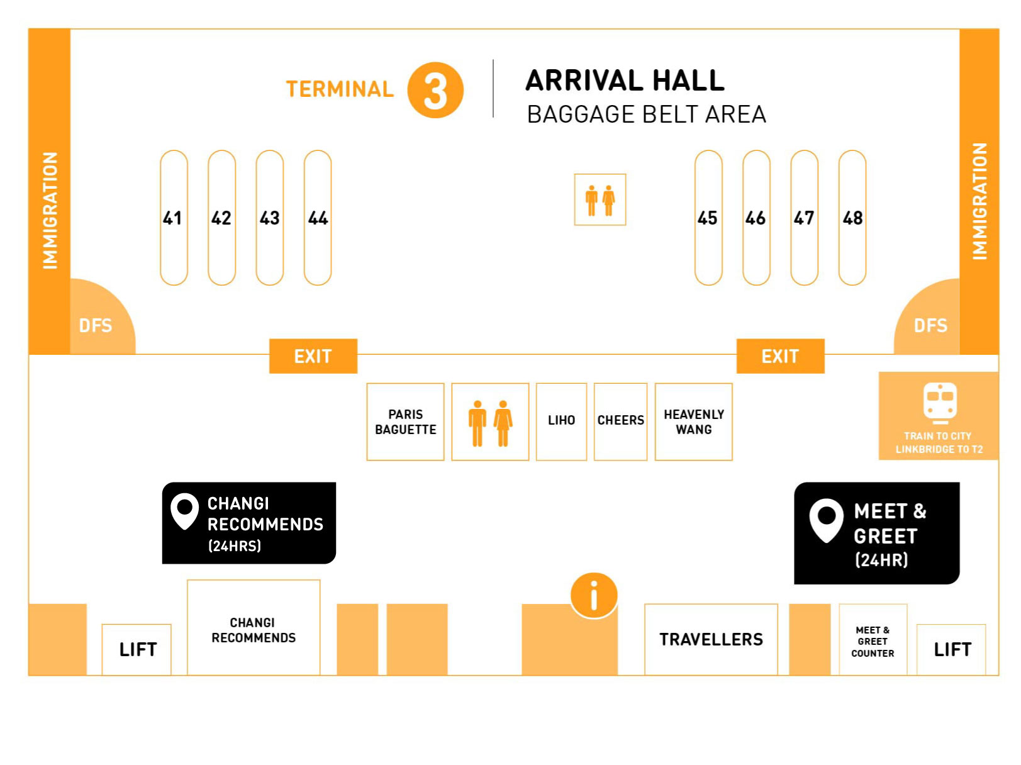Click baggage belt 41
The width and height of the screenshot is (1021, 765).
(174, 218)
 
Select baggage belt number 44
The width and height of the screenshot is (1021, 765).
(318, 218)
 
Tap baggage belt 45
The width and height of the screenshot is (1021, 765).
(708, 218)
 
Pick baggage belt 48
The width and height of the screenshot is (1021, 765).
(852, 218)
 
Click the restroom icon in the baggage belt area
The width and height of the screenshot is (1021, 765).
(600, 199)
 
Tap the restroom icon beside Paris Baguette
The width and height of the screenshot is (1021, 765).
(490, 422)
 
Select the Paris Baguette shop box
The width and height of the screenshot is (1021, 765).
(405, 422)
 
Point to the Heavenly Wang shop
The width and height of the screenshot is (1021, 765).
(693, 422)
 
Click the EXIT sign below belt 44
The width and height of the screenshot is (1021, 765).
(313, 356)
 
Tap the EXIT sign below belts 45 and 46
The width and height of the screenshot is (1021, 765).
(780, 356)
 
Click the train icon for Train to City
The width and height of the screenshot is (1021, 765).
(940, 401)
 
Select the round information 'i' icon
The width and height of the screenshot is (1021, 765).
(594, 595)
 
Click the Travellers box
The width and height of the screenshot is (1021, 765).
(711, 639)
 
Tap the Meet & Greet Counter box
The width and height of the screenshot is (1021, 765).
(873, 640)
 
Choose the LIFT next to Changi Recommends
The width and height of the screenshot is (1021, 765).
(137, 649)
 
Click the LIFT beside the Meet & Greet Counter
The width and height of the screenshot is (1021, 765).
(952, 649)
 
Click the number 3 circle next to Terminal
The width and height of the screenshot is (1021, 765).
(435, 90)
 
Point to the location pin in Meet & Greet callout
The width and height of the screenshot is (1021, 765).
(826, 519)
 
